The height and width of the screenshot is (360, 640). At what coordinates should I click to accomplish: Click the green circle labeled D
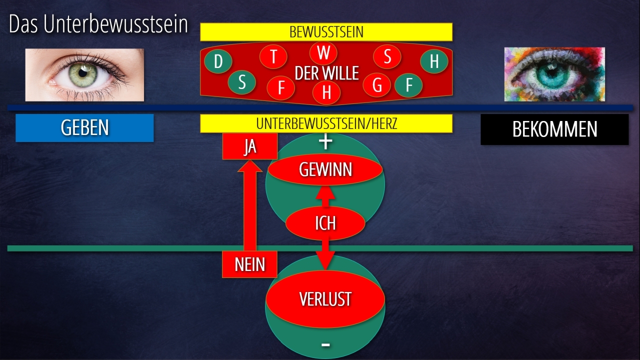click(x=218, y=62)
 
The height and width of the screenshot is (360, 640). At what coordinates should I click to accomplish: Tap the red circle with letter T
click(x=273, y=56)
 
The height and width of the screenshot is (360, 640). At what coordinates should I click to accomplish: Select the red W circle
click(x=323, y=52)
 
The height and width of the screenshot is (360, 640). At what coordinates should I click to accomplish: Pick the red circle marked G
click(x=377, y=85)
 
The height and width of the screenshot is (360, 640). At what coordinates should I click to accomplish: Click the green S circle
click(x=242, y=82)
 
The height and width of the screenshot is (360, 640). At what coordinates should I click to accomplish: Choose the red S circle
click(x=387, y=56)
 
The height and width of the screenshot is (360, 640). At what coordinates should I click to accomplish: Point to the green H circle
click(x=434, y=61)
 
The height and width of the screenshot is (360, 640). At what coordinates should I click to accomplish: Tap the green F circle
click(x=409, y=85)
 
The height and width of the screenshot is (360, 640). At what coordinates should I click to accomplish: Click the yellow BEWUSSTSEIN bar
click(x=326, y=32)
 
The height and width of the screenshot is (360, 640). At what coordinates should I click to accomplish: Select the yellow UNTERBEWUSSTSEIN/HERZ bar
click(x=326, y=123)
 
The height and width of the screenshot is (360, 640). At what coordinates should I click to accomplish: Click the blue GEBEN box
click(x=84, y=128)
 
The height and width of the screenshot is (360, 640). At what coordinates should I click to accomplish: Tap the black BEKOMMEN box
click(x=554, y=129)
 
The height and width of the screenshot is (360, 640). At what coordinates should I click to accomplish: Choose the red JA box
click(x=249, y=146)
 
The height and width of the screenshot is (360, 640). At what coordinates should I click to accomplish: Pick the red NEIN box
click(x=249, y=264)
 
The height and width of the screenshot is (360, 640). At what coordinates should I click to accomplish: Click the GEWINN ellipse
click(x=325, y=170)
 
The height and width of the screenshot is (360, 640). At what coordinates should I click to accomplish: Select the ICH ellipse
click(x=325, y=223)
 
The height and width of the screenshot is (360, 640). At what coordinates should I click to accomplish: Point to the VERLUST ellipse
click(x=325, y=299)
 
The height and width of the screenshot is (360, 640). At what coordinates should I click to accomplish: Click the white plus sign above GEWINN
click(x=325, y=142)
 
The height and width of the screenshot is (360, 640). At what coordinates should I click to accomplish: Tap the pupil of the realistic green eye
click(x=89, y=74)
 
